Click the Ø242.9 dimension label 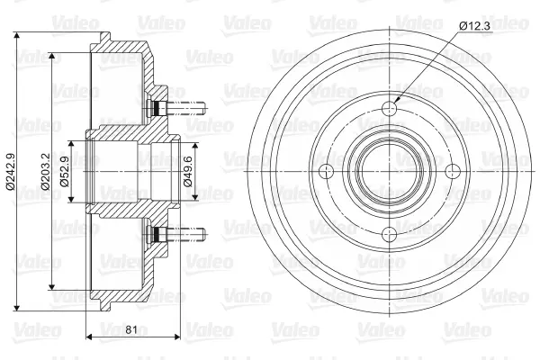coord(10,171)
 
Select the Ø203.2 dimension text coord(46,171)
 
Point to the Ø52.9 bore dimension coord(65,171)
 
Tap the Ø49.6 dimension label coord(188,171)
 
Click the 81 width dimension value coord(131,329)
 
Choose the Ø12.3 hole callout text coord(474,25)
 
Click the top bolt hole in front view coord(390,109)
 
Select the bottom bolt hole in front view coord(390,235)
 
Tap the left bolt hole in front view coord(327,172)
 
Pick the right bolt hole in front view coord(453,172)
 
